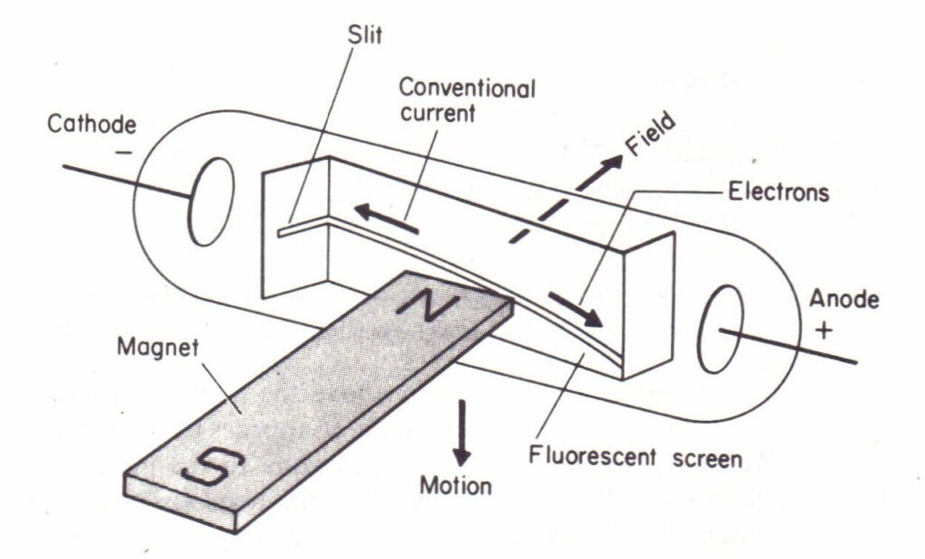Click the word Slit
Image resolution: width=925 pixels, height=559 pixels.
(365, 34)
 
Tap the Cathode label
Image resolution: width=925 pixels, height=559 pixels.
(91, 125)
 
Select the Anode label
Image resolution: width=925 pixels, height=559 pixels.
(844, 299)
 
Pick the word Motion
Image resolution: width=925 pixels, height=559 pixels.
(455, 486)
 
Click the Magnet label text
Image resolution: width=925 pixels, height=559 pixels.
(158, 348)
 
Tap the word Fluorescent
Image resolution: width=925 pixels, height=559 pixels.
(592, 456)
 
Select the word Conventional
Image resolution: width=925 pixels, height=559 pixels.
(467, 89)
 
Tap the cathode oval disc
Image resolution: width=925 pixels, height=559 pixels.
(210, 201)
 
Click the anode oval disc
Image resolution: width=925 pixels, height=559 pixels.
(721, 329)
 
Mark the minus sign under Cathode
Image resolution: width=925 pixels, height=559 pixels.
(124, 153)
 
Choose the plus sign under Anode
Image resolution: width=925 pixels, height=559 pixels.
(824, 330)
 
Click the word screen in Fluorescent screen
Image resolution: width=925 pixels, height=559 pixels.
(707, 459)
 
